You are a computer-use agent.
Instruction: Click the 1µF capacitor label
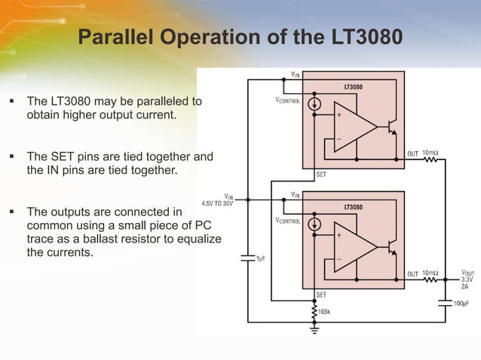pyautogui.click(x=260, y=258)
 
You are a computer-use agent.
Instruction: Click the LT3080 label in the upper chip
pyautogui.click(x=353, y=87)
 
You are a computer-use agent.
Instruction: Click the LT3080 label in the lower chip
pyautogui.click(x=353, y=206)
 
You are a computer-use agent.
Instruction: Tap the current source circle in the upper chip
pyautogui.click(x=316, y=105)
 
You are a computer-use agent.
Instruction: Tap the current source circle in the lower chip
pyautogui.click(x=316, y=224)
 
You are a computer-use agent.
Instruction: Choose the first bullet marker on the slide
pyautogui.click(x=13, y=99)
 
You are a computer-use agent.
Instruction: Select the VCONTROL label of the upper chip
pyautogui.click(x=286, y=101)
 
